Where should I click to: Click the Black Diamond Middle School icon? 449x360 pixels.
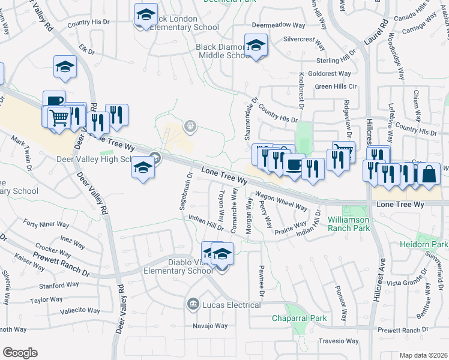pyautogui.click(x=256, y=46)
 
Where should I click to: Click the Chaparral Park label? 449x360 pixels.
pyautogui.click(x=298, y=318)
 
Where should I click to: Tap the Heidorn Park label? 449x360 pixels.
pyautogui.click(x=424, y=245)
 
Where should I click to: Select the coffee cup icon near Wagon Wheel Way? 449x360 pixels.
pyautogui.click(x=294, y=165)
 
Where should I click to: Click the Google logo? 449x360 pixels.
pyautogui.click(x=20, y=353)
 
